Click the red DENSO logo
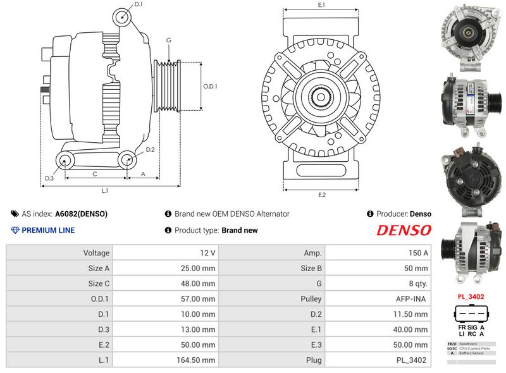click(x=404, y=230)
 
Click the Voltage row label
click(x=96, y=253)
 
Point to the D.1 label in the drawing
click(x=139, y=4)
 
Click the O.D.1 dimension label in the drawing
click(x=210, y=87)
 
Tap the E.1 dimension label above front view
click(x=321, y=5)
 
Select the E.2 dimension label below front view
click(x=321, y=195)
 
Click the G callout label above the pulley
click(x=169, y=40)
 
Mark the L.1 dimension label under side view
click(x=105, y=190)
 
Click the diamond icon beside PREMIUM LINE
click(x=15, y=230)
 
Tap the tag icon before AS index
click(x=15, y=214)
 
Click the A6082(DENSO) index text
click(x=81, y=214)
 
